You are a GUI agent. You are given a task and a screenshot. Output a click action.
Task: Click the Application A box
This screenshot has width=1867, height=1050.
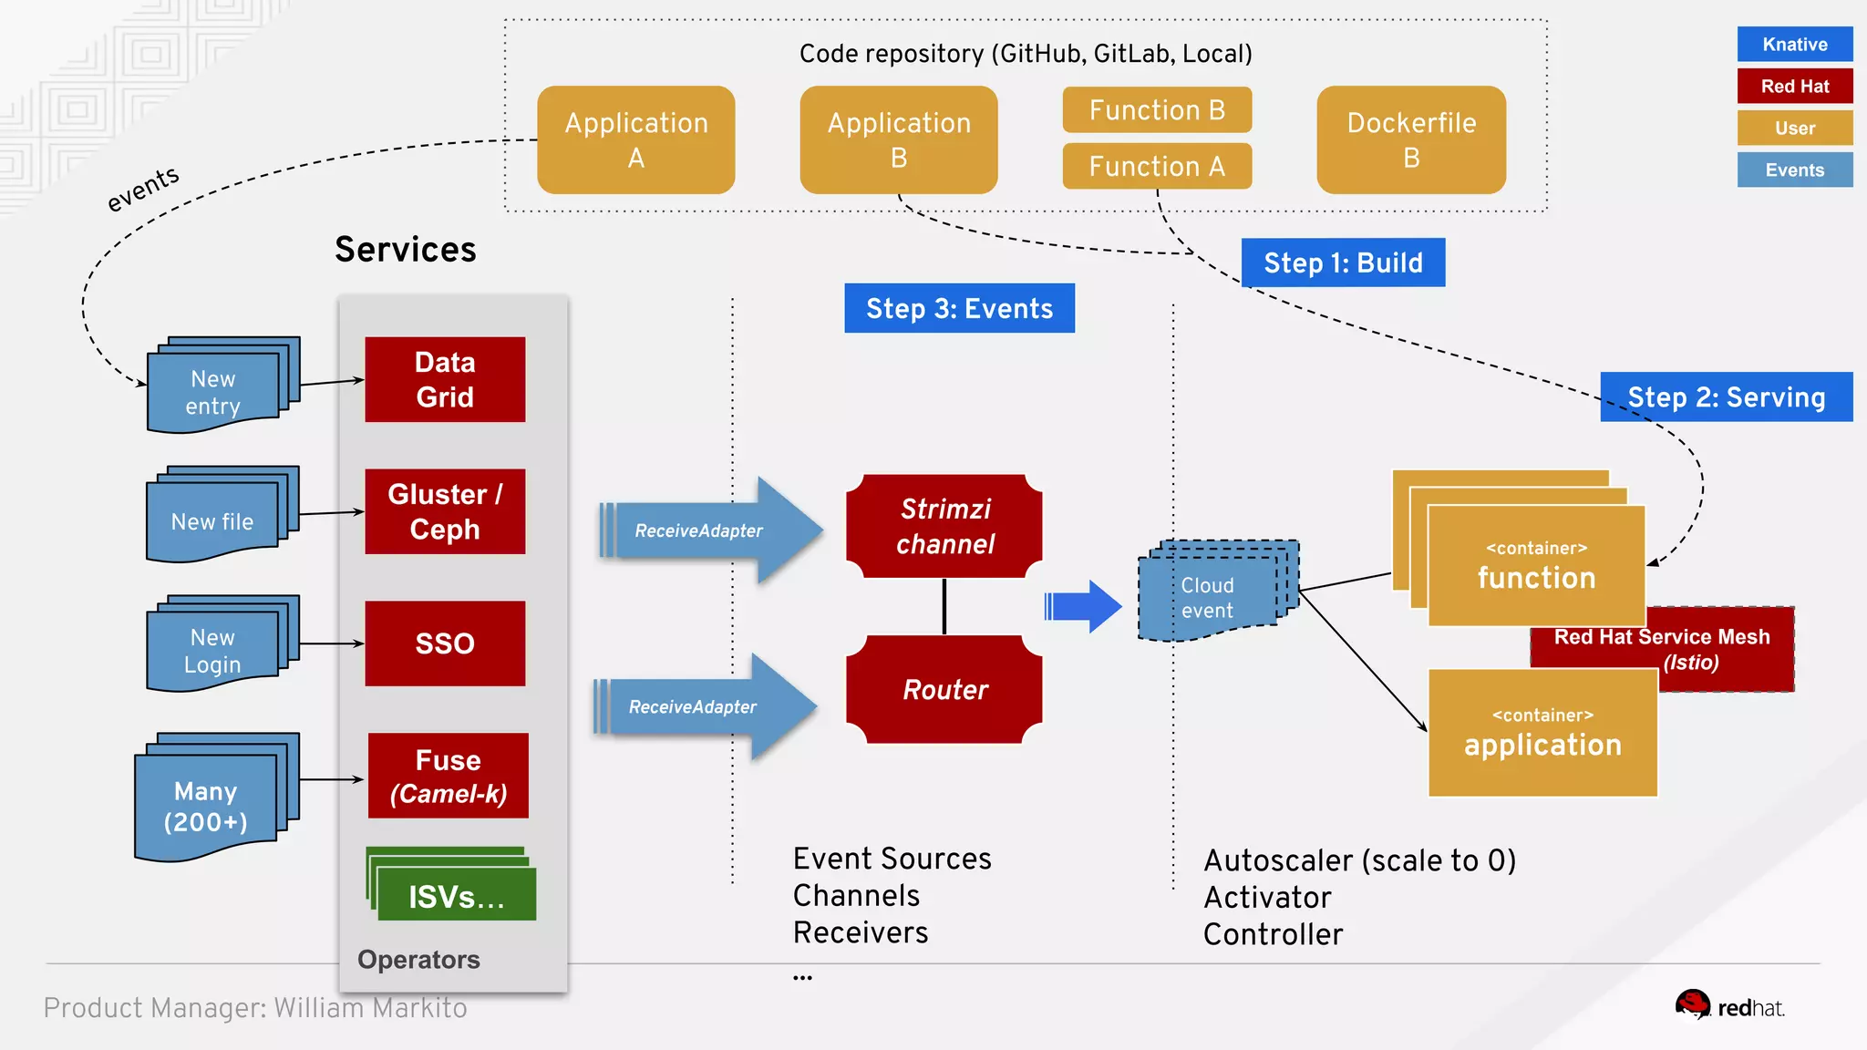[x=635, y=139]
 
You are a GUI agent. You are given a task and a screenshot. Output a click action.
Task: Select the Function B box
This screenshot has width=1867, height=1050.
[x=1156, y=110]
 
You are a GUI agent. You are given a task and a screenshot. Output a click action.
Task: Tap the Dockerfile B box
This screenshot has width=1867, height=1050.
[x=1410, y=139]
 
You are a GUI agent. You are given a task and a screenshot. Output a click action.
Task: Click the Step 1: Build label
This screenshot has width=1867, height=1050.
[x=1342, y=262]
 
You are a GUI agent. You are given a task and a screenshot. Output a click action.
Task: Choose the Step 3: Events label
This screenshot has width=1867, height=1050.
[x=959, y=308]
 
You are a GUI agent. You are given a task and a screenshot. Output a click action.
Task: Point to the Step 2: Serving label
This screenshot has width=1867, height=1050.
[x=1726, y=396]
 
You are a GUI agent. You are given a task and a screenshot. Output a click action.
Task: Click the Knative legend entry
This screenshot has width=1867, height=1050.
[x=1794, y=44]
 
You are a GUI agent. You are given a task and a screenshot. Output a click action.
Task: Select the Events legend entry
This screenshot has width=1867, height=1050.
[x=1794, y=170]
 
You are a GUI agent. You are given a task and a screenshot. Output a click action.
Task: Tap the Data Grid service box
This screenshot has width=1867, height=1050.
[x=445, y=379]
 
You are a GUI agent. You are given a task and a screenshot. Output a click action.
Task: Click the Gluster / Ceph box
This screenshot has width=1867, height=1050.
[x=445, y=511]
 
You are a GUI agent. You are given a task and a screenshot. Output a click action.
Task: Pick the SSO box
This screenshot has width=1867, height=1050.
[x=445, y=643]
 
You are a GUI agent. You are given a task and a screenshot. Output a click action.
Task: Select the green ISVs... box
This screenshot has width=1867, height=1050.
[x=456, y=895]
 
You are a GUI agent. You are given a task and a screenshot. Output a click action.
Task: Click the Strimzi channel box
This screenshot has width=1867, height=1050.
[x=944, y=526]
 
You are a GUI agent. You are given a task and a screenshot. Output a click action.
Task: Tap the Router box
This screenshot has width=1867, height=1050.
[x=944, y=689]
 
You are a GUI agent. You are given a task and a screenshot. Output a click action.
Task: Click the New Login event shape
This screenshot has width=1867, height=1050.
[x=212, y=650]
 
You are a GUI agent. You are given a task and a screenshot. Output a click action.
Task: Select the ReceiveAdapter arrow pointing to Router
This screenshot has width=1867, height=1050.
[x=702, y=706]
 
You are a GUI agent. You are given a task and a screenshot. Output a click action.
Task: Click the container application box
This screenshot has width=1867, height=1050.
[x=1542, y=734]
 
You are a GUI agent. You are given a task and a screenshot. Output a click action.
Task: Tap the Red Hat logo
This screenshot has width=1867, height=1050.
[x=1728, y=1006]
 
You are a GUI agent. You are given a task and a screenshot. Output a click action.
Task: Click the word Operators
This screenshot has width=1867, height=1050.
[x=418, y=959]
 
